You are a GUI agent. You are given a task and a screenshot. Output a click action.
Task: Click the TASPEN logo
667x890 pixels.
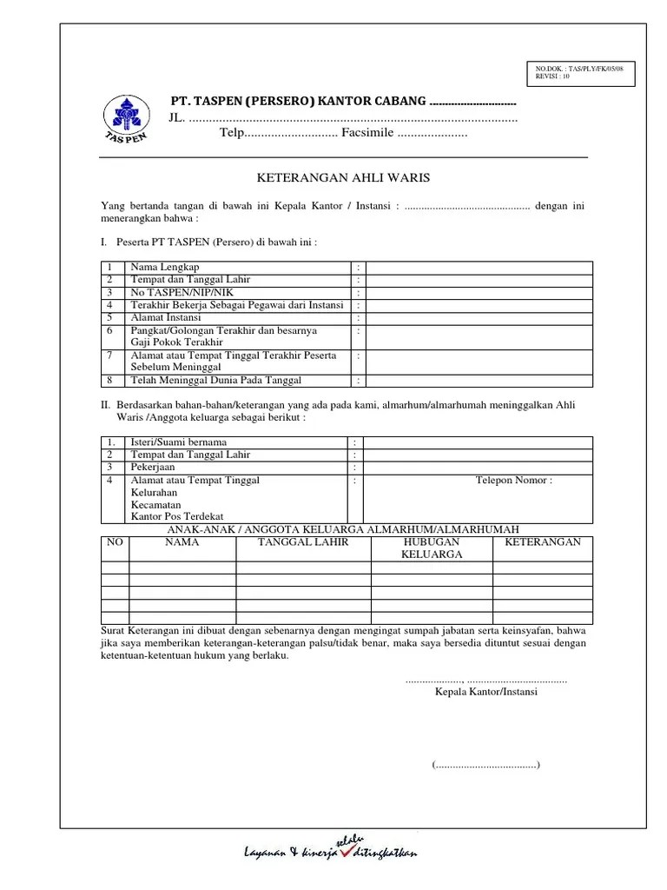tap(126, 121)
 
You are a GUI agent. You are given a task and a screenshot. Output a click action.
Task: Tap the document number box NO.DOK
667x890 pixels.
tap(580, 73)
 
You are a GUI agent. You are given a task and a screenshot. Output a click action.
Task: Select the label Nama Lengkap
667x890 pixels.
tap(165, 268)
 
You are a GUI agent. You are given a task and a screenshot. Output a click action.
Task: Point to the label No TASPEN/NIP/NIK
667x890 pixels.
tap(179, 293)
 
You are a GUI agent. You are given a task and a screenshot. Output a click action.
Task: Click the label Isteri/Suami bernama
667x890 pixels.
tap(178, 442)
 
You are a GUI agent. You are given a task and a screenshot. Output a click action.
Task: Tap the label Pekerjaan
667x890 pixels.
tap(153, 468)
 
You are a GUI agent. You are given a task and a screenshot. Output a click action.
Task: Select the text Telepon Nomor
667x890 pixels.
tap(513, 480)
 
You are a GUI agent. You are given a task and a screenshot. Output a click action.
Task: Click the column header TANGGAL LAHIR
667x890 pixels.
tap(303, 542)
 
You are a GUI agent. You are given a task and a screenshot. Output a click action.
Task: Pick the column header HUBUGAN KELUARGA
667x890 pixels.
tap(432, 548)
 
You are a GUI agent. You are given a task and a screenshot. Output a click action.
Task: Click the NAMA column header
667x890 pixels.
tap(182, 542)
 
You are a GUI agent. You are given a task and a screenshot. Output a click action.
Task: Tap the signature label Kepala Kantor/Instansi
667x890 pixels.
tap(486, 693)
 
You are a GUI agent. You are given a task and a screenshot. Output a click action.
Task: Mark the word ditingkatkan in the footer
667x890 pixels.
tap(386, 853)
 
